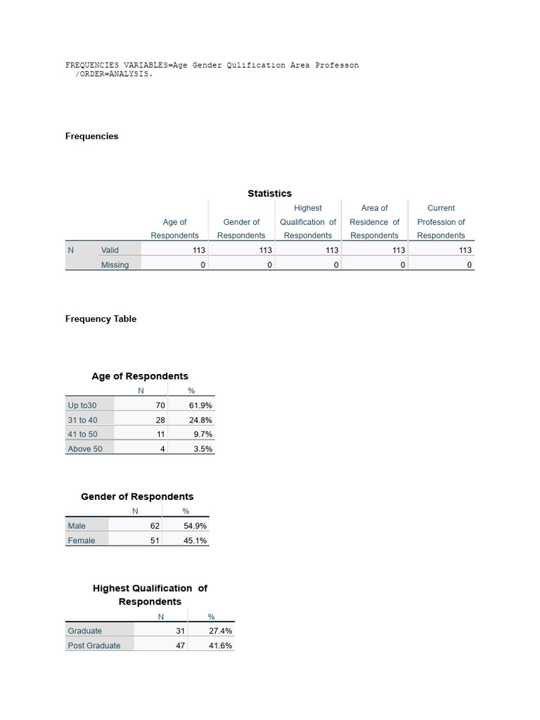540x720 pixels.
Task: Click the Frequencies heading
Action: (91, 136)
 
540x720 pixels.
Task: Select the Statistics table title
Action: (269, 193)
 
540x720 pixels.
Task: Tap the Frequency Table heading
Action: (101, 319)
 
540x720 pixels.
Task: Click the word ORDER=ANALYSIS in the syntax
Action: (115, 74)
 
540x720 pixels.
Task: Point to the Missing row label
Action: (115, 265)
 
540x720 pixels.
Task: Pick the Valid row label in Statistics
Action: (110, 250)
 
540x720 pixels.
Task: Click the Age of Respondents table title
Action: (140, 376)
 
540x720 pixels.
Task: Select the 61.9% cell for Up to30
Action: (200, 406)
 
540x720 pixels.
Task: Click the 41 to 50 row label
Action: (82, 435)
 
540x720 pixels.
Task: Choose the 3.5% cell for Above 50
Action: (202, 449)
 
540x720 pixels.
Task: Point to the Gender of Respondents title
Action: (137, 496)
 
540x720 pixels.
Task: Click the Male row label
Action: (77, 526)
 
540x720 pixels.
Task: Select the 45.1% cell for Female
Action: (195, 541)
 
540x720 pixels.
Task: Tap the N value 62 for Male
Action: (155, 526)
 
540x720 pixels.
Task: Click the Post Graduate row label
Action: (94, 645)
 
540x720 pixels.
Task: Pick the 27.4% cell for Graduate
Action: (220, 631)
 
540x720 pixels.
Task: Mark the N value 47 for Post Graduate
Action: (180, 645)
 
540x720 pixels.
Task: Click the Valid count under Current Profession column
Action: (465, 250)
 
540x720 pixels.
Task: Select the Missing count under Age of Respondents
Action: (202, 265)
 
